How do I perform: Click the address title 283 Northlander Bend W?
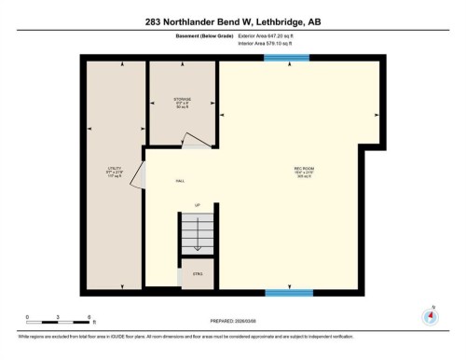point(232,21)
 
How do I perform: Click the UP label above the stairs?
point(197,204)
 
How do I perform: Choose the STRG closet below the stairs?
point(197,274)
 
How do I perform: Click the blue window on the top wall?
point(287,59)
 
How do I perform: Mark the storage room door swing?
point(194,141)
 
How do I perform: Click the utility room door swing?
point(138,175)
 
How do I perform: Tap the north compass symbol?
point(430,314)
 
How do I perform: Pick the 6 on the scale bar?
point(89,316)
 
